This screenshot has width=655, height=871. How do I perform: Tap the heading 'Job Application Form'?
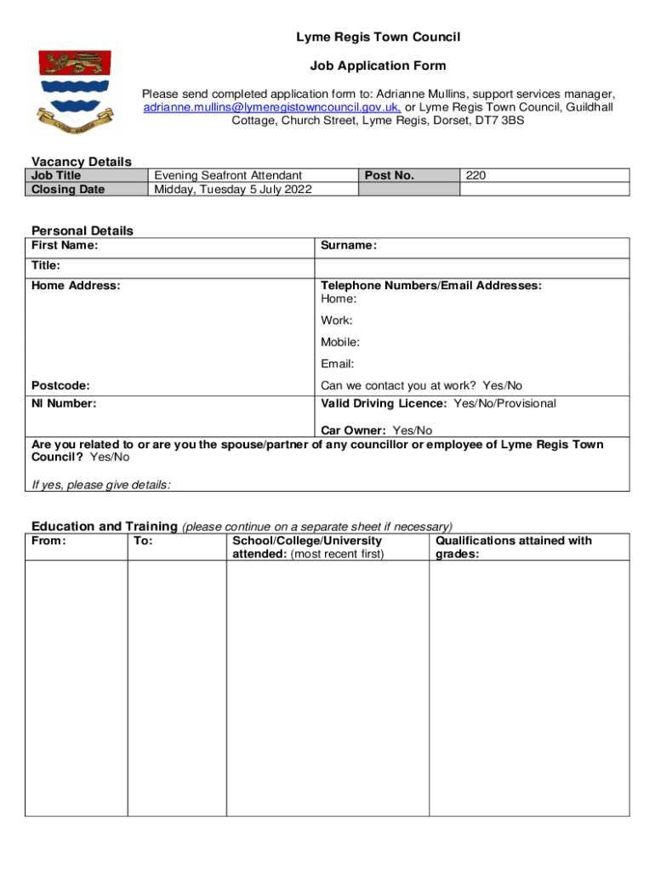(x=378, y=65)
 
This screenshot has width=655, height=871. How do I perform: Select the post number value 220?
(x=476, y=175)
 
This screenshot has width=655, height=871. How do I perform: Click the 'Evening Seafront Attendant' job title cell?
(x=227, y=175)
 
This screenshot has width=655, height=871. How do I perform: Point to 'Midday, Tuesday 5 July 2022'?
(x=232, y=189)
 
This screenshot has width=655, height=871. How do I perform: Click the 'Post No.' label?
(x=389, y=175)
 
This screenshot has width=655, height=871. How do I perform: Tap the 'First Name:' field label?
(x=65, y=246)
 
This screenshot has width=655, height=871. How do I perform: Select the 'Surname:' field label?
(x=349, y=246)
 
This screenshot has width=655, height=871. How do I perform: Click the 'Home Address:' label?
(x=76, y=286)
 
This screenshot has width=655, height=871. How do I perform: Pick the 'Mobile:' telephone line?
(x=340, y=342)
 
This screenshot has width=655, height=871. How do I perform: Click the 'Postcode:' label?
(x=60, y=385)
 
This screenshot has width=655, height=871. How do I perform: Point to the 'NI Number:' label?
(x=64, y=403)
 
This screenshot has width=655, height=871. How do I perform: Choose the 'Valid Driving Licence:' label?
(x=384, y=403)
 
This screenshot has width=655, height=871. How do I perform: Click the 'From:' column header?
(x=48, y=541)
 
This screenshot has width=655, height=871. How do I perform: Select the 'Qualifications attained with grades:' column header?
(x=513, y=547)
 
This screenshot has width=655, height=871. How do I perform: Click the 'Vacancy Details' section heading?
(x=82, y=162)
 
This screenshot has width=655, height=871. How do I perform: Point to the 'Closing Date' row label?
(x=68, y=189)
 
